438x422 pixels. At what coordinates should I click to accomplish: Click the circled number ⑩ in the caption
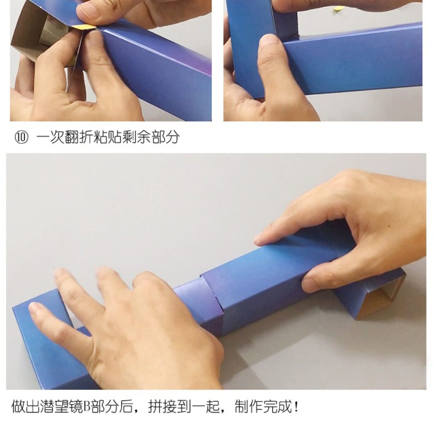click(22, 138)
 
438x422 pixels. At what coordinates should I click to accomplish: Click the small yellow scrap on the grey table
click(338, 8)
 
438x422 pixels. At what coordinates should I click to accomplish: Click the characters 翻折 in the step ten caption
click(79, 138)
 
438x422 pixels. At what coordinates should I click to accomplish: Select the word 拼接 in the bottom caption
click(162, 406)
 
